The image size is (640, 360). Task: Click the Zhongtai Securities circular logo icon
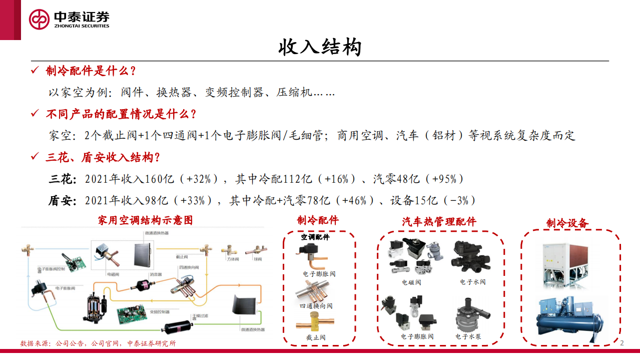coord(39,19)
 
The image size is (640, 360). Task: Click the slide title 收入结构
coord(320,48)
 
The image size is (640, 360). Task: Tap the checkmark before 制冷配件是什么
coord(35,71)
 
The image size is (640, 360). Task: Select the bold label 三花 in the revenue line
coord(62,179)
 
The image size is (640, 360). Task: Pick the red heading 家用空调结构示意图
coord(145,220)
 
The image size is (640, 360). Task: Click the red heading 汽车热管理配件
coord(439,221)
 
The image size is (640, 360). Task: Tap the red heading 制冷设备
coord(567,223)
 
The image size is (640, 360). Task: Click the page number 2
coord(622,343)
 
